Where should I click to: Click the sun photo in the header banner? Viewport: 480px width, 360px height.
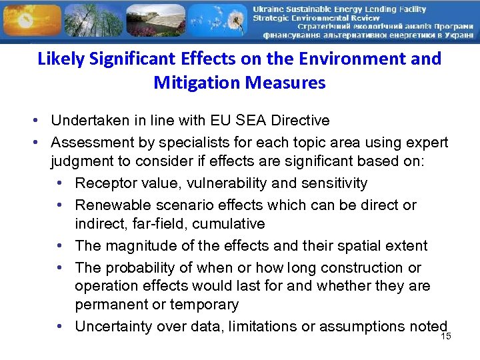32,20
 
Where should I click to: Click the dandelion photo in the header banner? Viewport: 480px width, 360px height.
217,20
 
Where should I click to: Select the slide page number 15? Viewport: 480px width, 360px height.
446,336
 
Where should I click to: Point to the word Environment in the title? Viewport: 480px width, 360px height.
359,59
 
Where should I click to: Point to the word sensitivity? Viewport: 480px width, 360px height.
331,183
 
